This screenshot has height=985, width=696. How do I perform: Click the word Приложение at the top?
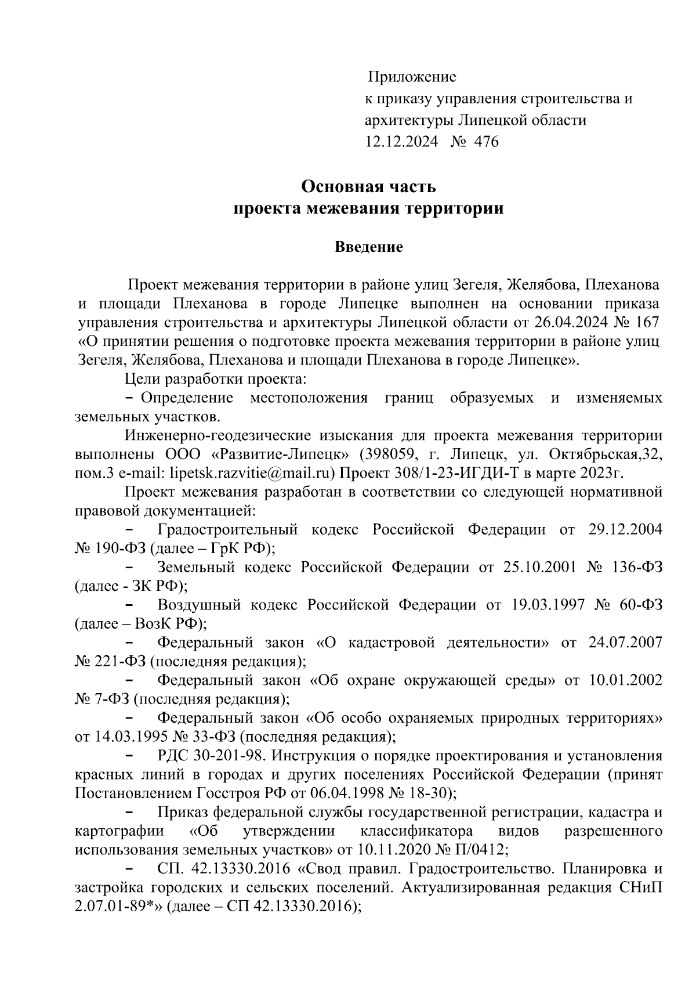pos(412,77)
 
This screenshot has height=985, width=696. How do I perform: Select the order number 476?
pos(486,142)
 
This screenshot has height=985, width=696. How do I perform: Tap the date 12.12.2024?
pos(401,142)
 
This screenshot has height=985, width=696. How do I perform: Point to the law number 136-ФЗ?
pos(636,567)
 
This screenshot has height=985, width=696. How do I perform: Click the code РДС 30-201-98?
pos(211,756)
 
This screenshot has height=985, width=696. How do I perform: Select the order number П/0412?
pos(481,850)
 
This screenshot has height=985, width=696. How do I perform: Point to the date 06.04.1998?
pos(330,793)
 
